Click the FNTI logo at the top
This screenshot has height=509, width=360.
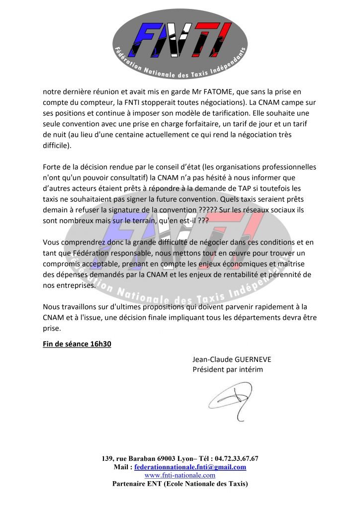[179, 42]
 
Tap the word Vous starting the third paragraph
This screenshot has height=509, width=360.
[52, 243]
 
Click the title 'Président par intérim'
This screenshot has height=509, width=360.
[227, 370]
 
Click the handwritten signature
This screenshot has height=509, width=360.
[233, 401]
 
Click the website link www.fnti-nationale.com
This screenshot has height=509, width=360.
[180, 475]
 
